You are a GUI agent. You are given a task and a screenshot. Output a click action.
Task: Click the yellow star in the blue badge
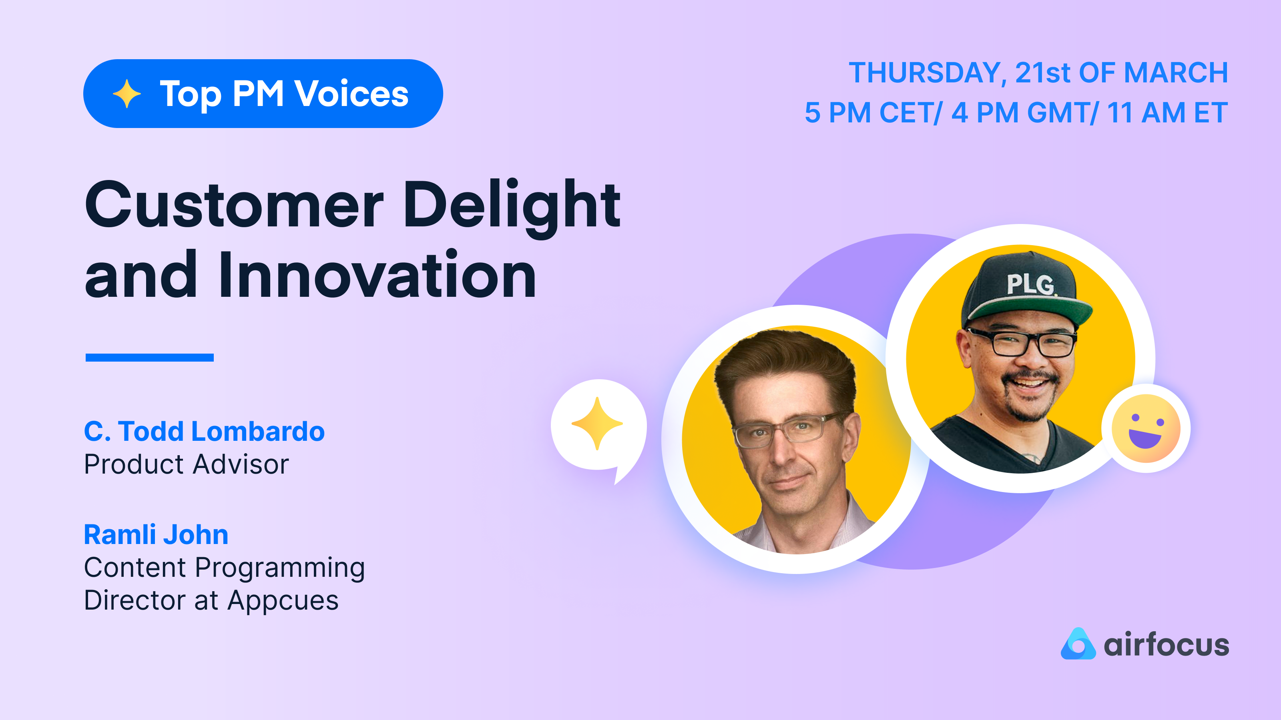[127, 94]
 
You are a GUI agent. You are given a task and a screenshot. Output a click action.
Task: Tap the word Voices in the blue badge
[351, 94]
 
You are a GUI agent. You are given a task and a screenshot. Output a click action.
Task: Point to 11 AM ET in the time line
[1167, 113]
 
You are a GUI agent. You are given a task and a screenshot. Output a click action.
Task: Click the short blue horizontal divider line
[149, 357]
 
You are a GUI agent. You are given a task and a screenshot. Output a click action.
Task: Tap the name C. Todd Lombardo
[204, 431]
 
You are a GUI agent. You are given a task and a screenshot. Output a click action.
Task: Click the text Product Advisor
[186, 464]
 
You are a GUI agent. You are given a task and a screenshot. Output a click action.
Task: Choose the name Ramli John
[156, 535]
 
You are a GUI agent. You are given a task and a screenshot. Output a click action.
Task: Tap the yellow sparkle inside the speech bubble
[597, 423]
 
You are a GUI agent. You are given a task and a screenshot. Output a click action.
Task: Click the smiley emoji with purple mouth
[1146, 428]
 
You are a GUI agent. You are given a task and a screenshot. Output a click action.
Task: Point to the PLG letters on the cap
[1030, 284]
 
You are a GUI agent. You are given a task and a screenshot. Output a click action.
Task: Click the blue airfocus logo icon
[1078, 644]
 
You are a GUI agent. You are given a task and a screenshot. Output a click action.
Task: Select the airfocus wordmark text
[1166, 645]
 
